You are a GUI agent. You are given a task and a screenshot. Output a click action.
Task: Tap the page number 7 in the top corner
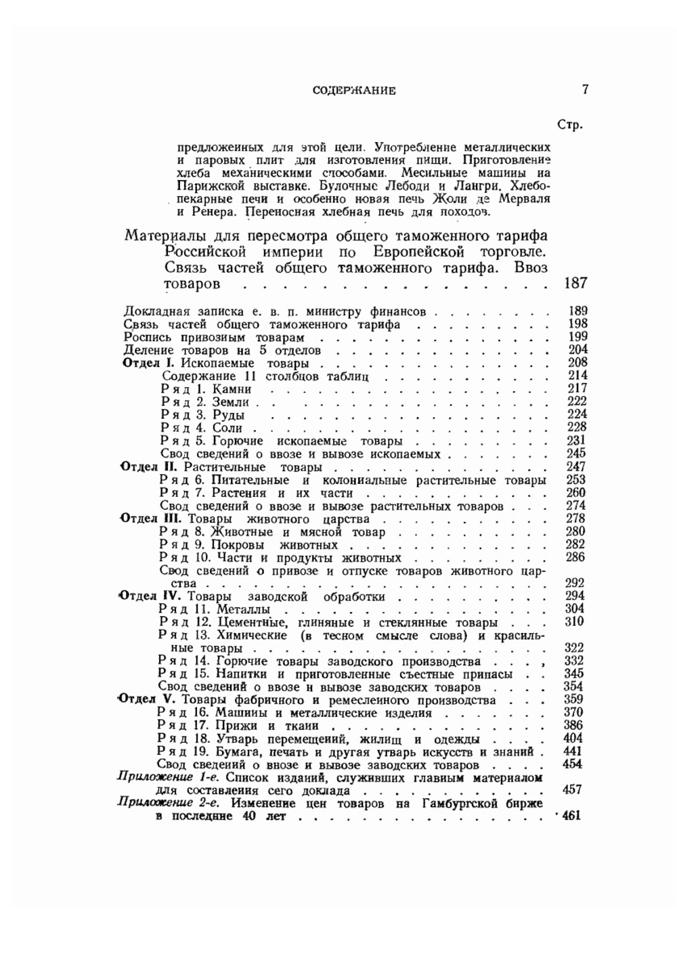point(585,89)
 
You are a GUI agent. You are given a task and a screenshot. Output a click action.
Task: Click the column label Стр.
point(569,125)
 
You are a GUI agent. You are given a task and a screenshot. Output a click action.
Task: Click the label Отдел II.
point(148,467)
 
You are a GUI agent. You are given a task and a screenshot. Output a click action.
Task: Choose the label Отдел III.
point(148,519)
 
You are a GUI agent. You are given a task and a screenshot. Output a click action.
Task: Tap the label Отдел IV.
point(148,596)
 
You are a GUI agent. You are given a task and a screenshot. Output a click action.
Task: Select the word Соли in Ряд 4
point(227,428)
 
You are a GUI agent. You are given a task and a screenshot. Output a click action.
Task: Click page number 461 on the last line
point(571,816)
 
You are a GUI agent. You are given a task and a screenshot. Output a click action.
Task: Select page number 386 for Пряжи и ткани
point(574,726)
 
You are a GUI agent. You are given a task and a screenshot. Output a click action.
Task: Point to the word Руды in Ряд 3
point(228,415)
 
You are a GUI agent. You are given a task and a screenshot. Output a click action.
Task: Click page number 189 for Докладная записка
point(577,311)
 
